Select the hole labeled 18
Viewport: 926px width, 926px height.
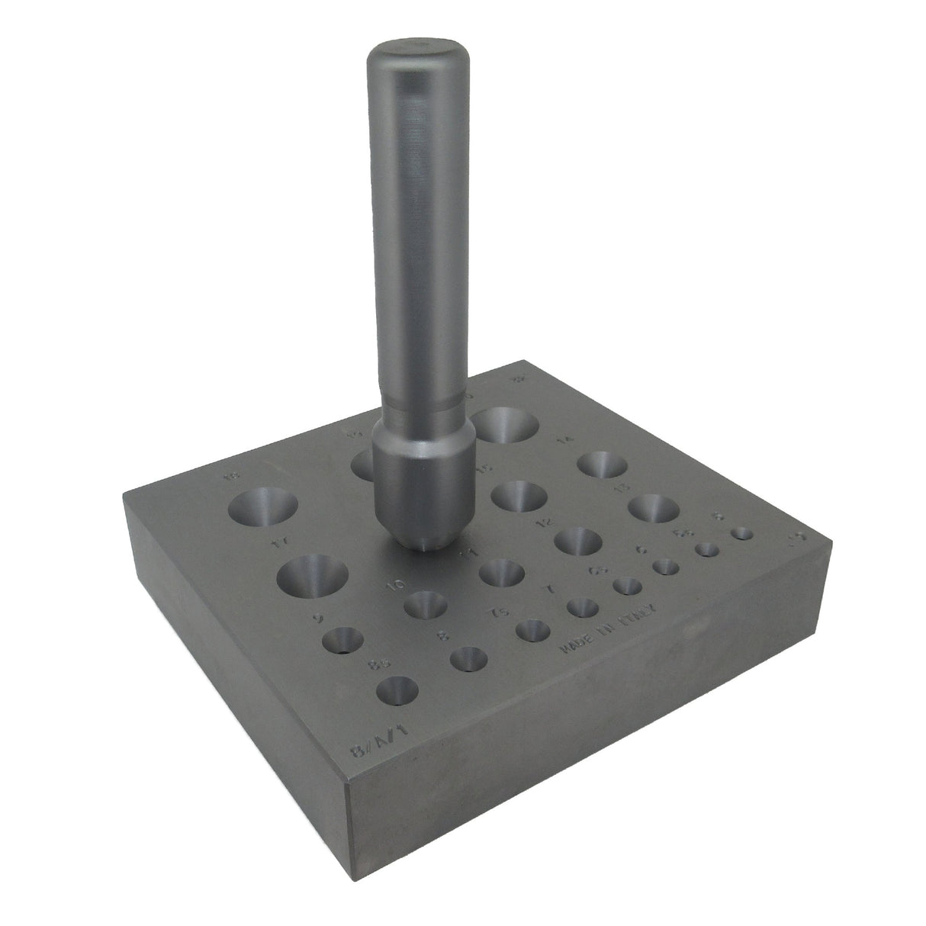point(262,506)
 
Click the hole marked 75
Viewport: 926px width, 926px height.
point(533,630)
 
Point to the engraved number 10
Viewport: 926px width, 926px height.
point(395,585)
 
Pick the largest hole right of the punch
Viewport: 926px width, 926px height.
point(504,425)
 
